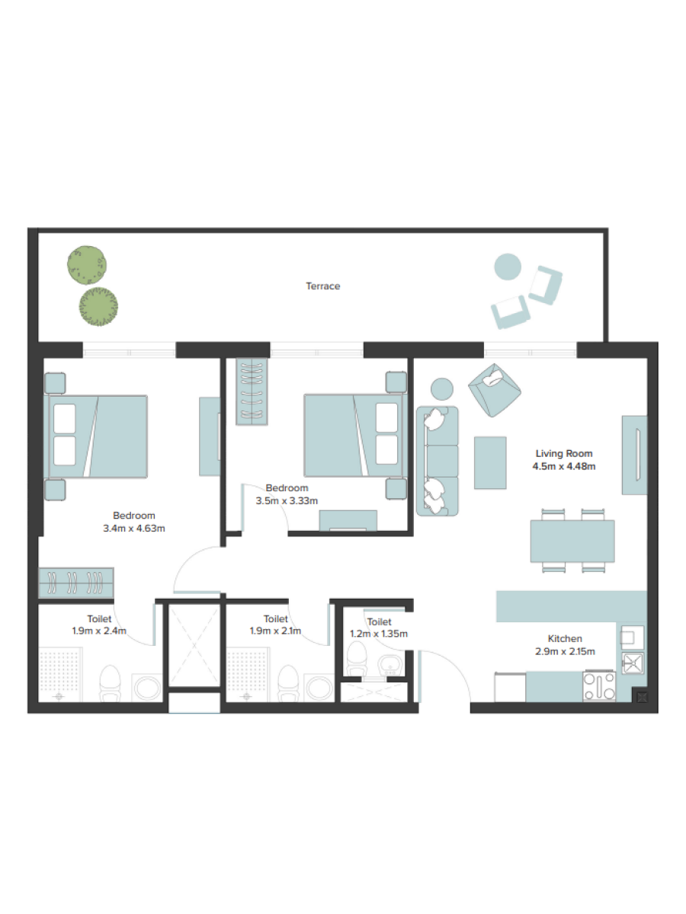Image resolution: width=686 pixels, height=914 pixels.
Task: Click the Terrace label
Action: click(322, 286)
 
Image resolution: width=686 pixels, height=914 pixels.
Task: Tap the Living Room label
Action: click(563, 453)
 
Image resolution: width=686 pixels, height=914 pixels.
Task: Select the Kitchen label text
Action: click(565, 638)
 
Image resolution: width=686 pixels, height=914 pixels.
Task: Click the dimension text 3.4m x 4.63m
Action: click(133, 529)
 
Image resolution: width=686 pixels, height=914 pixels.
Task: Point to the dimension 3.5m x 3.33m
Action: click(287, 500)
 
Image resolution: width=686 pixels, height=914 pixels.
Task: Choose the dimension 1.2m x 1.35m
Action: click(379, 634)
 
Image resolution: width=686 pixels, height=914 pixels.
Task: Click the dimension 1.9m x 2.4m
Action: click(99, 631)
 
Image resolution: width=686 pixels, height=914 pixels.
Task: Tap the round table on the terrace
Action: click(508, 267)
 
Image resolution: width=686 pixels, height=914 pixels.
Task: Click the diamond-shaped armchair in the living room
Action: click(495, 390)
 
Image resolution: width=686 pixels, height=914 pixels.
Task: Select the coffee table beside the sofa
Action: click(490, 462)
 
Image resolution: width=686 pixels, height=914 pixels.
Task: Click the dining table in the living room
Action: click(572, 541)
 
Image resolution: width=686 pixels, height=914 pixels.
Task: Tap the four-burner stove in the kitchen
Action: click(599, 685)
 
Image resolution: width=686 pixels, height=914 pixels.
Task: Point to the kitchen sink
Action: click(633, 663)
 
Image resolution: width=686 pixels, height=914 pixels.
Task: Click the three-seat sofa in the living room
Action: click(437, 461)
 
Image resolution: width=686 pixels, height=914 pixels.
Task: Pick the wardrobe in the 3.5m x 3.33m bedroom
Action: click(252, 391)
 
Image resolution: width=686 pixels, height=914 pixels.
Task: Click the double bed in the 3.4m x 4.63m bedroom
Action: click(96, 436)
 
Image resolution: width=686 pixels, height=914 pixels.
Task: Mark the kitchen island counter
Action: click(572, 606)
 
